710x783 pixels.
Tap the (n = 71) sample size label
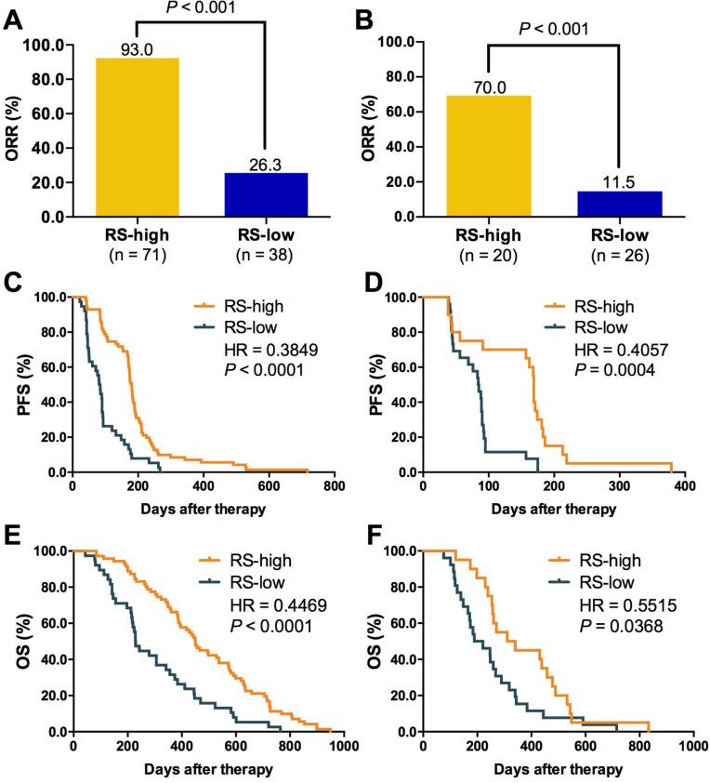coord(138,253)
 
